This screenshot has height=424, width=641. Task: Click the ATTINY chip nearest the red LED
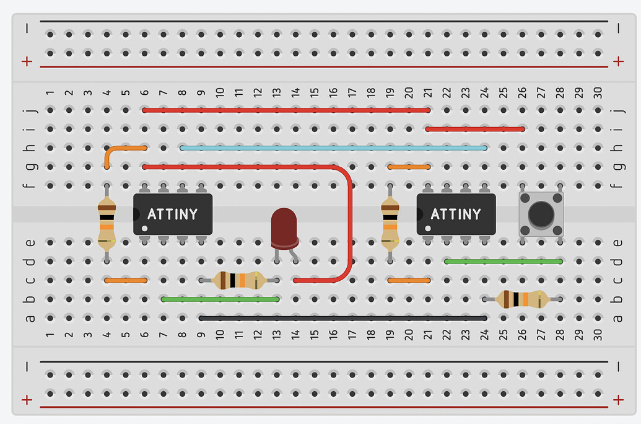tap(173, 214)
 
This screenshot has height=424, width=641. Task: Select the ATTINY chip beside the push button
tap(456, 214)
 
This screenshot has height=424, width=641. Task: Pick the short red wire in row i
tap(475, 129)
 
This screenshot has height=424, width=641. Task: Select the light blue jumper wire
tap(333, 148)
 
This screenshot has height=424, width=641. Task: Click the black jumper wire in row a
tap(342, 318)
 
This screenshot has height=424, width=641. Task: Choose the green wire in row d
tap(503, 262)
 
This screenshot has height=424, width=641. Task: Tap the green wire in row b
tap(220, 299)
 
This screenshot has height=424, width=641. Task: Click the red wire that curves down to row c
tap(351, 223)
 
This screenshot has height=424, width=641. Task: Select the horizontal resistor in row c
tap(238, 280)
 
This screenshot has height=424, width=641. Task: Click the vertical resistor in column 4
tap(107, 223)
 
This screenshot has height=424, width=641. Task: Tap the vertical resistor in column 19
tap(390, 223)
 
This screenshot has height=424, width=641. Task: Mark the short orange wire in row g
tap(409, 167)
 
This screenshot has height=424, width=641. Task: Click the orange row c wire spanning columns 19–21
tap(409, 280)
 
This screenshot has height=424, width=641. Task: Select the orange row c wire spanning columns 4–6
tap(126, 280)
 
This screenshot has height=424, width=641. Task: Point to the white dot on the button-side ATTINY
tap(427, 228)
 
